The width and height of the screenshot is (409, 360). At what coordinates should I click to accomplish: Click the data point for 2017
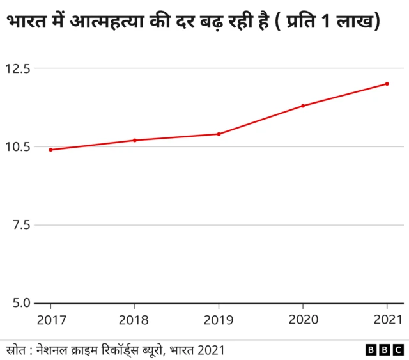pos(50,150)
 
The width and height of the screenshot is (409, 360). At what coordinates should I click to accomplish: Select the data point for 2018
pos(135,140)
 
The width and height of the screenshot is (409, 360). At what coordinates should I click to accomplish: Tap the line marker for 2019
pos(219,134)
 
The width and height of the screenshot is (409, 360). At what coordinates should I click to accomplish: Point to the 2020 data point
pos(303,106)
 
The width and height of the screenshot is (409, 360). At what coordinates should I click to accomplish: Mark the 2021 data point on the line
pos(387,84)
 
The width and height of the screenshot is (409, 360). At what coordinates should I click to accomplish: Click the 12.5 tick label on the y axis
pos(17,68)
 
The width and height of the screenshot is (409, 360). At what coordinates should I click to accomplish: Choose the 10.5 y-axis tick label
pos(17,146)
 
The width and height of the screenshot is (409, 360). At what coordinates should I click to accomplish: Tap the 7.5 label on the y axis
pos(20,225)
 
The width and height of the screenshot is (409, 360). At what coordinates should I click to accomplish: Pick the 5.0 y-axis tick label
pos(20,303)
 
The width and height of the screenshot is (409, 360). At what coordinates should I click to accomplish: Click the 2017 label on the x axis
pos(50,318)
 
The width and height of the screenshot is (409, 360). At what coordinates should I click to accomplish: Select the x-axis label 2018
pos(135,318)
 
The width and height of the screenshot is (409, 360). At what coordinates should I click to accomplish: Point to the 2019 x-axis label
pos(219,318)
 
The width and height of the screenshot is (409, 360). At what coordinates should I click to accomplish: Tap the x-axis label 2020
pos(303,318)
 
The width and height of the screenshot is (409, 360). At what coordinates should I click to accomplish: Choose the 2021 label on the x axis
pos(387,318)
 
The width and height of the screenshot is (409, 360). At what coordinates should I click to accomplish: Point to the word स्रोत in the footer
pos(15,350)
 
